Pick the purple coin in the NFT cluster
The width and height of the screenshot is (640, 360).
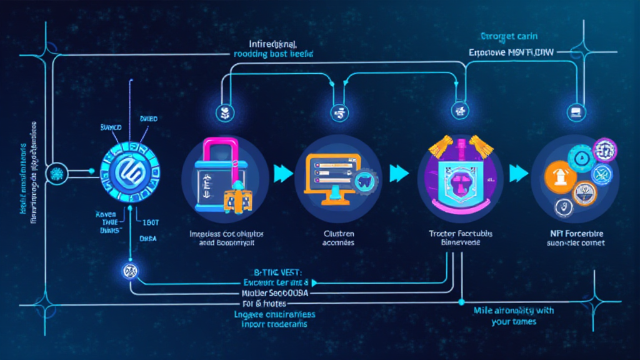(604, 150)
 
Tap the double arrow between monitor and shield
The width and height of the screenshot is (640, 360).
(399, 173)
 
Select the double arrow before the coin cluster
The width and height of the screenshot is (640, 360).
(518, 173)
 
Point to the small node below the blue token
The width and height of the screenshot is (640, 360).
(131, 271)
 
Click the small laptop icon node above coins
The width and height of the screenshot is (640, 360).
(574, 113)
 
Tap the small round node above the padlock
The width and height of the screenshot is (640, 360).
(224, 113)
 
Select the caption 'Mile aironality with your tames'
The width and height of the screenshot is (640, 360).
(514, 316)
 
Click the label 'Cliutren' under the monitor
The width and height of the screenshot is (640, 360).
(338, 232)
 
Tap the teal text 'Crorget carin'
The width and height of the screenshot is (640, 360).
(507, 36)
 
